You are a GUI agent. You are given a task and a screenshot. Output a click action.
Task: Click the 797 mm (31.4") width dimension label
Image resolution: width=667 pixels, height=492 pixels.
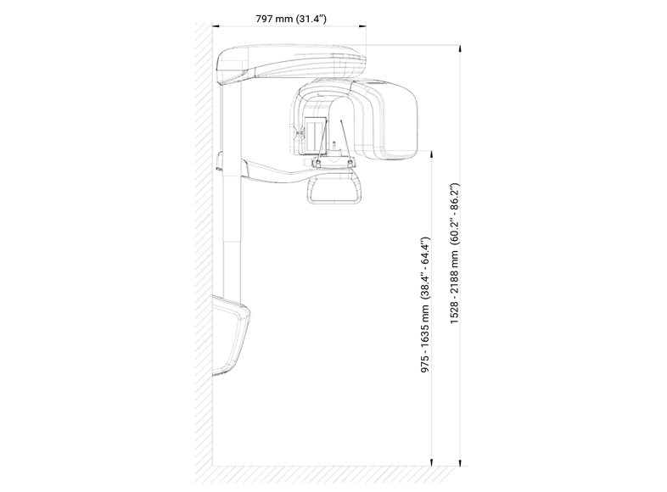point(291,19)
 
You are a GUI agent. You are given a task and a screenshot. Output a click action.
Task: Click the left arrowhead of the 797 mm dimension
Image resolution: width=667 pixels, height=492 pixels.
point(216,26)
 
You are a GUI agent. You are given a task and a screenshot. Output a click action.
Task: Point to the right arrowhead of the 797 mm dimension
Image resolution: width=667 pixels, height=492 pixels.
point(363,26)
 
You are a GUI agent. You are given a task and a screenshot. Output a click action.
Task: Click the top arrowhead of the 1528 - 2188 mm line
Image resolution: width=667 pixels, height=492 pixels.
point(460,48)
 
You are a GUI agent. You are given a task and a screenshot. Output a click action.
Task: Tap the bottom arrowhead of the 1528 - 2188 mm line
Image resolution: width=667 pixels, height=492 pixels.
point(460,462)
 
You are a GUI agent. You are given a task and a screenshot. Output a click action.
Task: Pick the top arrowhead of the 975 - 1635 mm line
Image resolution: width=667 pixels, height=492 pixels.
point(432,154)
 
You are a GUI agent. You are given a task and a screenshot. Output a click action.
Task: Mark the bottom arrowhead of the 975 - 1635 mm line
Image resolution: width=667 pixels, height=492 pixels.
point(432,462)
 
